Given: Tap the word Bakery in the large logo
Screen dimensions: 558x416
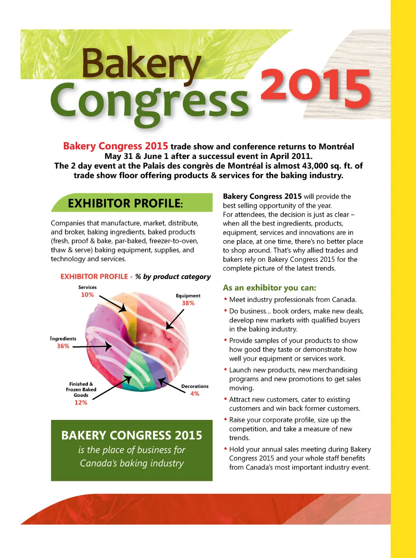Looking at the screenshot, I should pyautogui.click(x=141, y=63).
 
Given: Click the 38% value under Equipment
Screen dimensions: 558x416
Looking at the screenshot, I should pyautogui.click(x=188, y=303).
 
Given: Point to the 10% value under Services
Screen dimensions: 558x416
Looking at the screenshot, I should pyautogui.click(x=87, y=295).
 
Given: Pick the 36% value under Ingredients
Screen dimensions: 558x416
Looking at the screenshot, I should pyautogui.click(x=63, y=346).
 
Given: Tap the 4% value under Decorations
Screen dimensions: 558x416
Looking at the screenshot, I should pyautogui.click(x=195, y=394).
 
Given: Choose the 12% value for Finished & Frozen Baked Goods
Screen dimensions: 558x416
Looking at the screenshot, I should pyautogui.click(x=81, y=403).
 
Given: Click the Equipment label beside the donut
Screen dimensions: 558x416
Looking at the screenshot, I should pyautogui.click(x=188, y=296).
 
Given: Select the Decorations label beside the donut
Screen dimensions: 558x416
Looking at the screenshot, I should pyautogui.click(x=195, y=386).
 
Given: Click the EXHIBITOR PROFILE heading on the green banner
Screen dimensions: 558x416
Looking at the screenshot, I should pyautogui.click(x=125, y=203).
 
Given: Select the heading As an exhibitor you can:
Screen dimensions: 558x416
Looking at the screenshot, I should pyautogui.click(x=269, y=288).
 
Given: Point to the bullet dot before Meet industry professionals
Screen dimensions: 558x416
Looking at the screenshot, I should pyautogui.click(x=225, y=299).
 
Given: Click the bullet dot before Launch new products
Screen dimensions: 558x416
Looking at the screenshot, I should pyautogui.click(x=225, y=369).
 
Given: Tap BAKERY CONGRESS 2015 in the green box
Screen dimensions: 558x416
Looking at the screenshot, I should pyautogui.click(x=132, y=436).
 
